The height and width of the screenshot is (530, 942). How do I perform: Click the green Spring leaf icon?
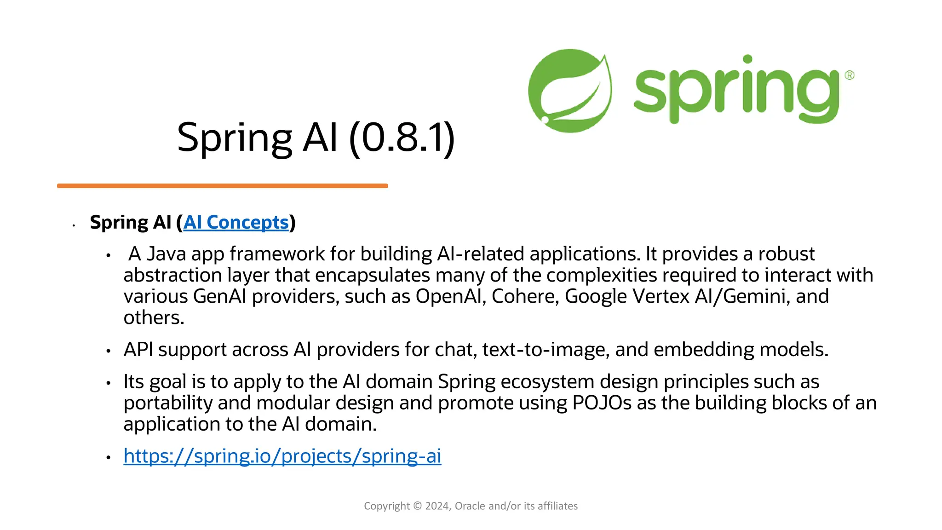click(569, 91)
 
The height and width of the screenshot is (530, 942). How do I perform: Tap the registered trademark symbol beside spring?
click(849, 75)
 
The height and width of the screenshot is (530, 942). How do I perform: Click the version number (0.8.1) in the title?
click(402, 138)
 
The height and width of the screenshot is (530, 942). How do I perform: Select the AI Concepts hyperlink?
click(236, 223)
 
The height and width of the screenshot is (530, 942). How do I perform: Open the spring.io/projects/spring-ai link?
click(282, 456)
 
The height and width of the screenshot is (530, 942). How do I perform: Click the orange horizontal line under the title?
click(222, 186)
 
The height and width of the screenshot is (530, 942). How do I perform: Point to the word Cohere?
click(524, 297)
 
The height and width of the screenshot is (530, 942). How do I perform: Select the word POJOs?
click(602, 403)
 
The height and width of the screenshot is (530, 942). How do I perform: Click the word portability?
click(168, 403)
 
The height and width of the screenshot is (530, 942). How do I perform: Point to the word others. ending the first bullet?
click(154, 318)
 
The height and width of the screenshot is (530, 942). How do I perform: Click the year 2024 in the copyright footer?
click(437, 506)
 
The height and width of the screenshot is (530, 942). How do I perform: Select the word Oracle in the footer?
click(470, 506)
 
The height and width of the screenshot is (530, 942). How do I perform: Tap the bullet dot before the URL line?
click(109, 457)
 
